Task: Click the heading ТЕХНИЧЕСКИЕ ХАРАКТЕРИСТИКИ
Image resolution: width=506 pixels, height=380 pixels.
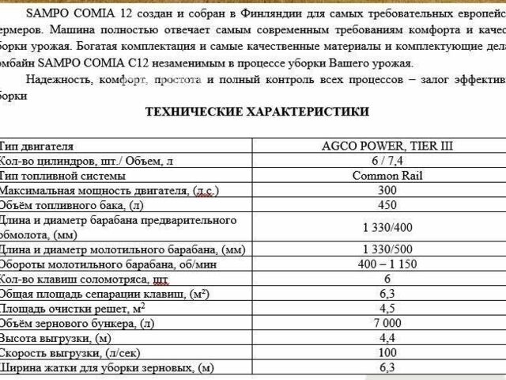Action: tap(257, 112)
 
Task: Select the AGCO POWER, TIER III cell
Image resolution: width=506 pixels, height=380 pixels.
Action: tap(387, 146)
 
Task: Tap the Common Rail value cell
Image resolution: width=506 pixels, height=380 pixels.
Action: tap(387, 176)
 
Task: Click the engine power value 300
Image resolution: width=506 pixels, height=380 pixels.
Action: tap(387, 191)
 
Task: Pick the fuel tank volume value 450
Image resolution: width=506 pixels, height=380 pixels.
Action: tap(387, 205)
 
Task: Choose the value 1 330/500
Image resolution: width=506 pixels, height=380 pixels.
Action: tap(387, 249)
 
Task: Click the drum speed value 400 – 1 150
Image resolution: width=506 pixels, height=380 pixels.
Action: tap(387, 264)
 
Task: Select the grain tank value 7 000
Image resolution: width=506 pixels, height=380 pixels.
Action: tap(387, 323)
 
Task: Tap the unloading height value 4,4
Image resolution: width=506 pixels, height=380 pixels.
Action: tap(387, 338)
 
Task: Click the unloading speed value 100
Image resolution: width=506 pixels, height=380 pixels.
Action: tap(387, 352)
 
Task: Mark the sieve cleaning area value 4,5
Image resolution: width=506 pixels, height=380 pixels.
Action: tap(387, 309)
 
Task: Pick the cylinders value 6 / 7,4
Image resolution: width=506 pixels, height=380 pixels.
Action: tap(387, 161)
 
